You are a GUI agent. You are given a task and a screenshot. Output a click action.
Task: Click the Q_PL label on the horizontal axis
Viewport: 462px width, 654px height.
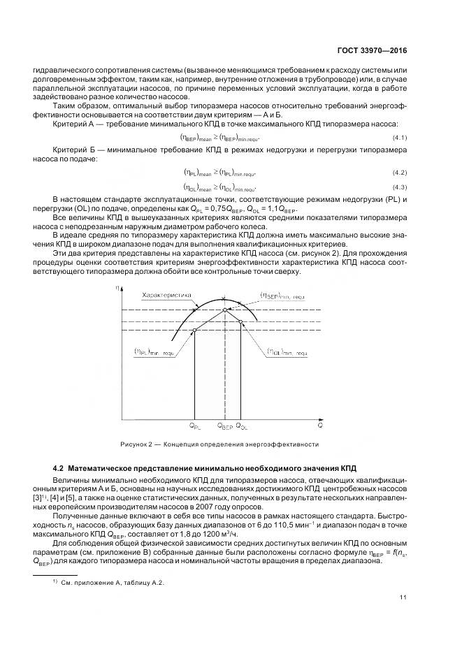[194, 425]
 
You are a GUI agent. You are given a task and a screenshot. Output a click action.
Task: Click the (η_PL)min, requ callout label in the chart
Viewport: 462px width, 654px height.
[154, 353]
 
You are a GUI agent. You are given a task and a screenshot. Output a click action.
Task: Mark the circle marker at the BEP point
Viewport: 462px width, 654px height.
[224, 310]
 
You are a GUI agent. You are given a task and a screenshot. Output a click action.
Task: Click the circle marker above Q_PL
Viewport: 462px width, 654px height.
[194, 329]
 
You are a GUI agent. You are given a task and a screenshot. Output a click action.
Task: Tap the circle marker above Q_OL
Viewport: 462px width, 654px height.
[240, 321]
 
